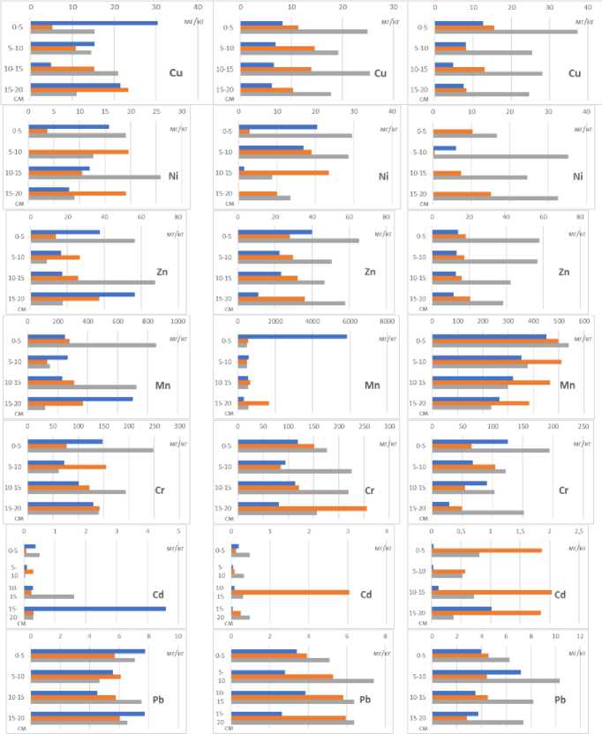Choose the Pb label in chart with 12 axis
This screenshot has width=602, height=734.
pos(560,699)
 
